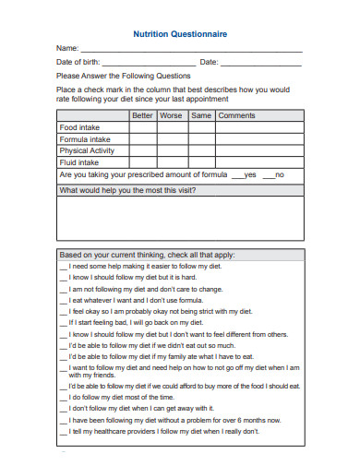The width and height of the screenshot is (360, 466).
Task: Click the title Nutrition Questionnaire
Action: [180, 32]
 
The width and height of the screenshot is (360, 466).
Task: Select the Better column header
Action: [142, 115]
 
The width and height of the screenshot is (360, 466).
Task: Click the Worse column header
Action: [171, 115]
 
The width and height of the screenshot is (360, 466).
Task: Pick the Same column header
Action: [200, 115]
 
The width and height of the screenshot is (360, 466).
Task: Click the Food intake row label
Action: [80, 127]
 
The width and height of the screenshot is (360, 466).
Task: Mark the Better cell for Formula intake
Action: [142, 139]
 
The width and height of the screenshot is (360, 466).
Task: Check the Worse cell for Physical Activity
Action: [171, 150]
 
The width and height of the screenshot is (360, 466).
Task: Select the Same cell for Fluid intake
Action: [200, 162]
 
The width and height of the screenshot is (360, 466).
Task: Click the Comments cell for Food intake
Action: [258, 127]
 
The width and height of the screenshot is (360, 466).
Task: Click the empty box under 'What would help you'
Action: [180, 218]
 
